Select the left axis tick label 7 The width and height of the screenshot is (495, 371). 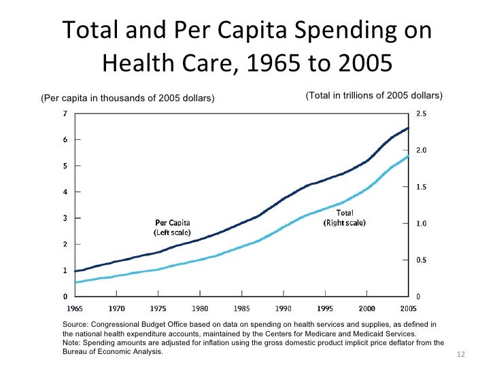(65, 113)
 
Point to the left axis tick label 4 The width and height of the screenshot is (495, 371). (65, 192)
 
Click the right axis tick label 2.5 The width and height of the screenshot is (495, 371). (422, 113)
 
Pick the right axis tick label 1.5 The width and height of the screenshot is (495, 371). (422, 187)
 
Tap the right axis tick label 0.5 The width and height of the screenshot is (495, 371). (422, 260)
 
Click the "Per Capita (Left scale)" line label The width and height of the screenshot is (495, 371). (173, 227)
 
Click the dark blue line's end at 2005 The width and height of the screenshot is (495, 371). (409, 128)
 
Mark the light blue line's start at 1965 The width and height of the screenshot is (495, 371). (75, 282)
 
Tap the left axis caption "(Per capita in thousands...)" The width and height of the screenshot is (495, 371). (128, 99)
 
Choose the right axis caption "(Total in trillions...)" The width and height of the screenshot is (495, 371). (374, 94)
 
